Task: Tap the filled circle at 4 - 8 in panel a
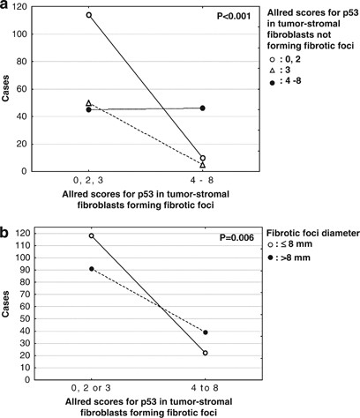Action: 203,108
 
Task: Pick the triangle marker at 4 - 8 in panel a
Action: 203,165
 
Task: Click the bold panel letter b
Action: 6,233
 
